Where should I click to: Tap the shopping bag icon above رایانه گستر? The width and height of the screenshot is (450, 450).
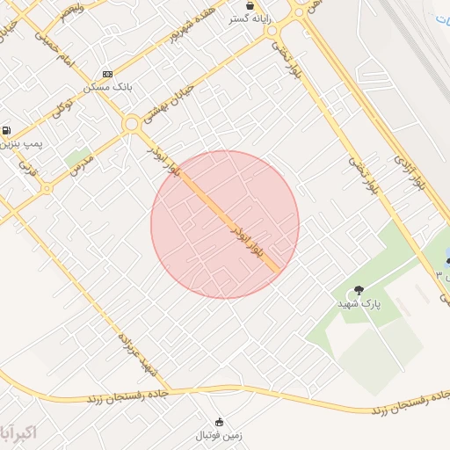[x=250, y=5]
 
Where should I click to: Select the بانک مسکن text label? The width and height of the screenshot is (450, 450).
[x=107, y=87]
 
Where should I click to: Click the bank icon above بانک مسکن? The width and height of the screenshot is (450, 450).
[x=107, y=74]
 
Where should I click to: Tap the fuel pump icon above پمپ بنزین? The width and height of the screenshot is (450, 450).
[x=7, y=129]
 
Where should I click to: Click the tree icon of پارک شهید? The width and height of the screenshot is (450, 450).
[x=358, y=290]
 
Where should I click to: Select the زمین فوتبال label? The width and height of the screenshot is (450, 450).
[x=220, y=434]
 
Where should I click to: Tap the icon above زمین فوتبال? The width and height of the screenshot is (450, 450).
[x=220, y=421]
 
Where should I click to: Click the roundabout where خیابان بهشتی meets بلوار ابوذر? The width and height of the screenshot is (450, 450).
[x=132, y=124]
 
